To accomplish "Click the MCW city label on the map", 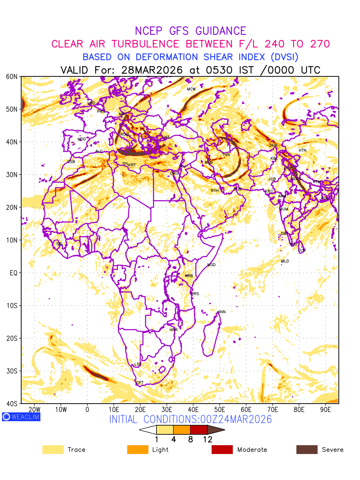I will [x=191, y=89].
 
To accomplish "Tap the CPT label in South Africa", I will [x=140, y=383].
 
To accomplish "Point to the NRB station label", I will [x=189, y=276].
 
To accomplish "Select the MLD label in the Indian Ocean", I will [x=285, y=261].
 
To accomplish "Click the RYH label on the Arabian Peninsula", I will [x=215, y=191].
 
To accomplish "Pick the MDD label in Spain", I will [x=82, y=139].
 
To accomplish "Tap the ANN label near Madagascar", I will [x=222, y=312].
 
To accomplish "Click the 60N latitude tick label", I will [x=11, y=76].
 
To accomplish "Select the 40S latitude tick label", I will [x=11, y=404].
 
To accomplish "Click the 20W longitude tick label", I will [x=35, y=410].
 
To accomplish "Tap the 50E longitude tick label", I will [x=220, y=410].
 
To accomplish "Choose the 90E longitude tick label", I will [x=326, y=410].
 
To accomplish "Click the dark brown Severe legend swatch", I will [x=307, y=450].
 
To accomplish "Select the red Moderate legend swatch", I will [x=222, y=450].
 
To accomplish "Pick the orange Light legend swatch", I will [x=138, y=450].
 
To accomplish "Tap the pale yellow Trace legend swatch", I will [x=53, y=450].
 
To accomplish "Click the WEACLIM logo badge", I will [x=21, y=417].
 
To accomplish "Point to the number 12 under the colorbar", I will [x=207, y=439].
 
